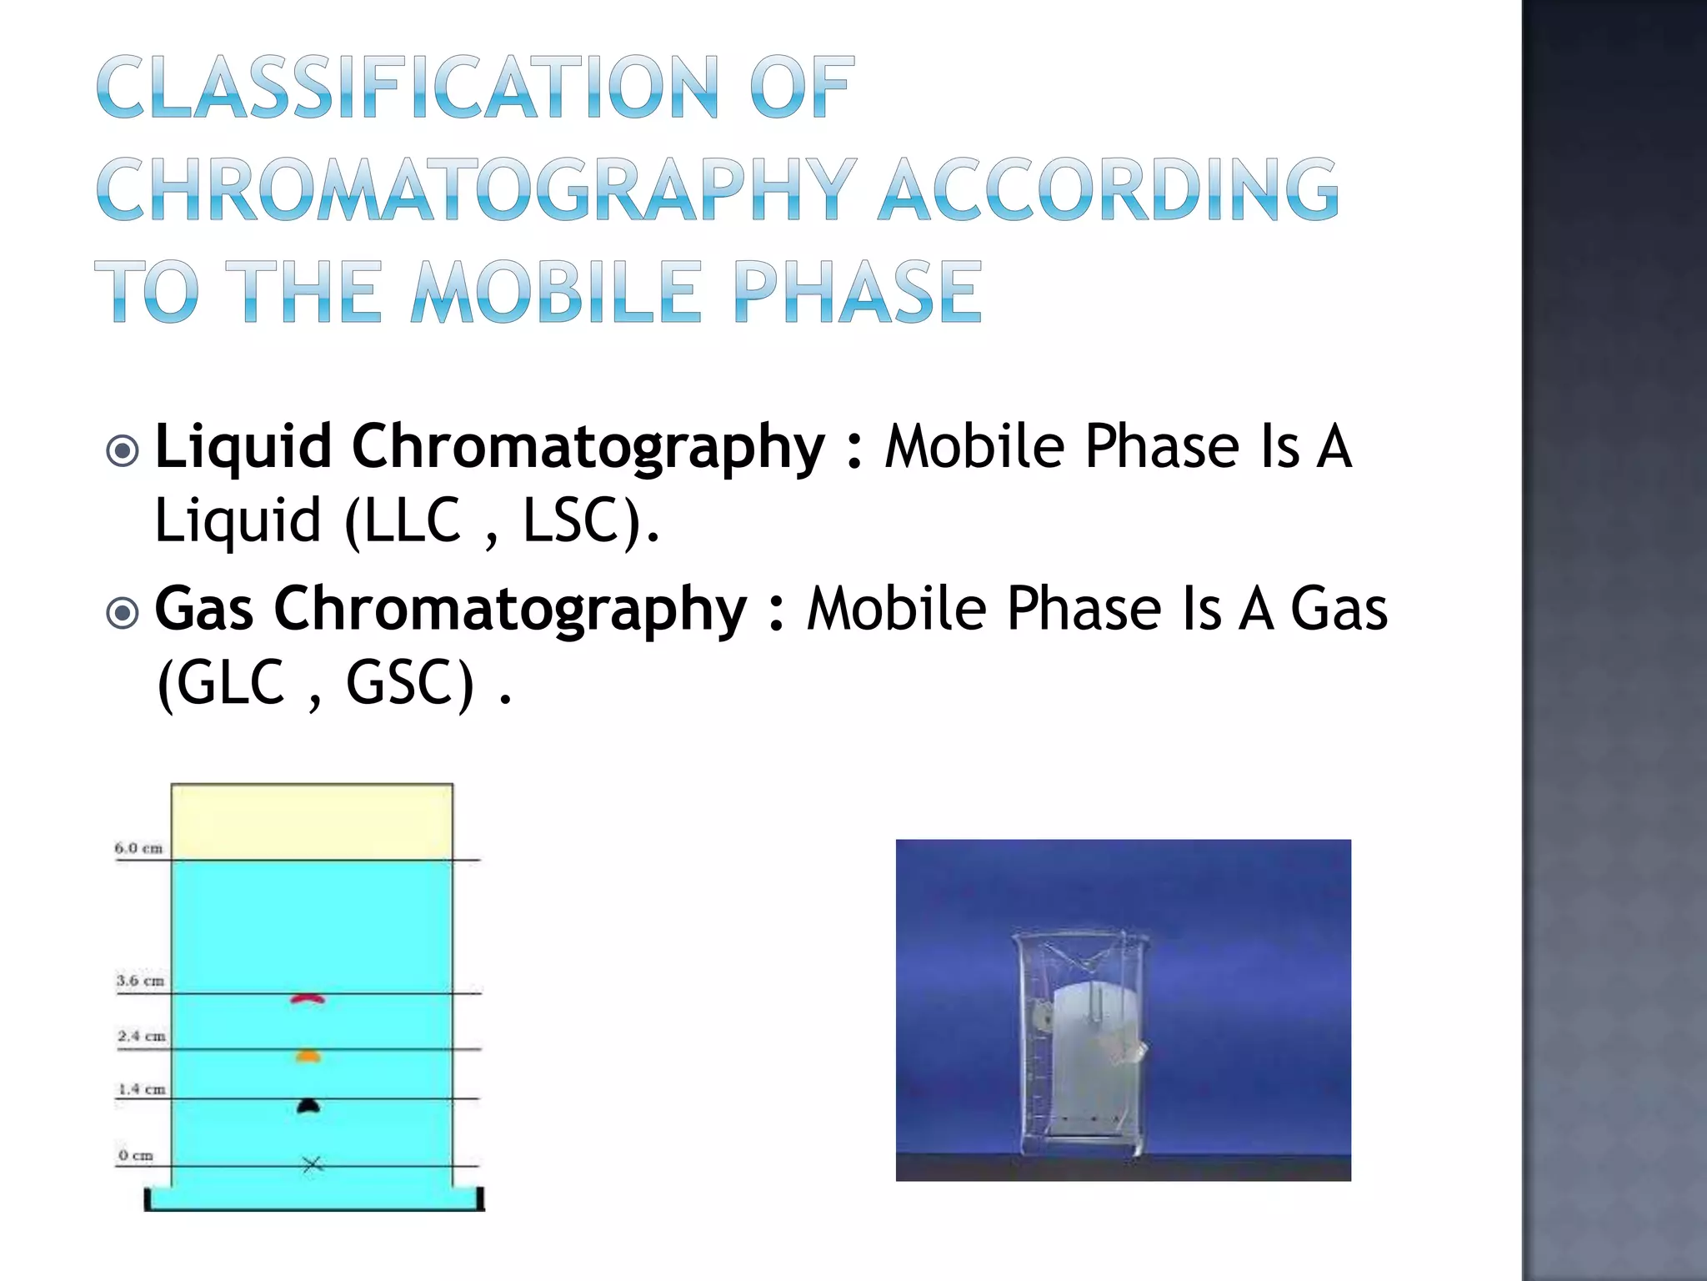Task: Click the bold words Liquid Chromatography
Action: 489,446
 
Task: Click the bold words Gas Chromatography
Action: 450,608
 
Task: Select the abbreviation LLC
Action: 413,520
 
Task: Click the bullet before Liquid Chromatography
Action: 123,451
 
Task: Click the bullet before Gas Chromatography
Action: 123,614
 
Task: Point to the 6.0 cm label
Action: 138,848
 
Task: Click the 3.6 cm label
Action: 140,981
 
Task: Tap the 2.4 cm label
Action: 141,1036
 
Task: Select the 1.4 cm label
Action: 142,1089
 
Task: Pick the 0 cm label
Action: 136,1155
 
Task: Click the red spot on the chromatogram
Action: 308,998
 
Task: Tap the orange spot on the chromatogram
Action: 308,1057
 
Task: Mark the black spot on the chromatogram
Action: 308,1107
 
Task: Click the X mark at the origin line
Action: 312,1164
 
